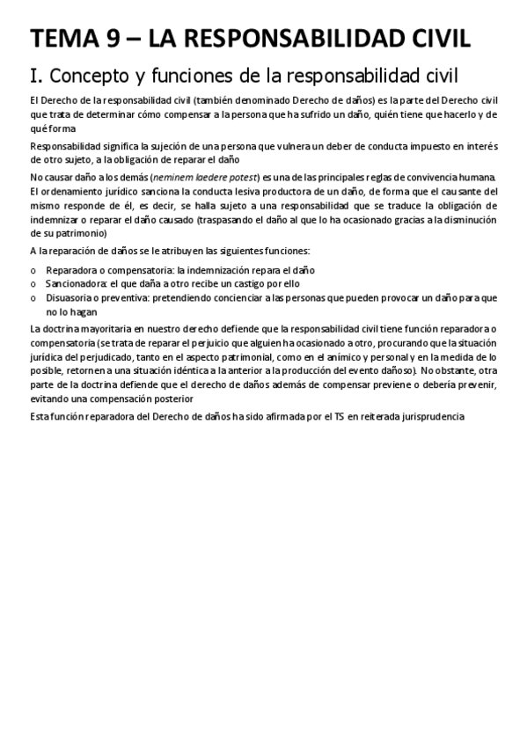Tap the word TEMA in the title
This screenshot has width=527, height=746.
tap(64, 39)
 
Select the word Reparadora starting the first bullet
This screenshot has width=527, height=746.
tap(73, 271)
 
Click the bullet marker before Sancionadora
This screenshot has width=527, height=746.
tap(33, 285)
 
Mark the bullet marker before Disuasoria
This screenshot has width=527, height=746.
tap(33, 299)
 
